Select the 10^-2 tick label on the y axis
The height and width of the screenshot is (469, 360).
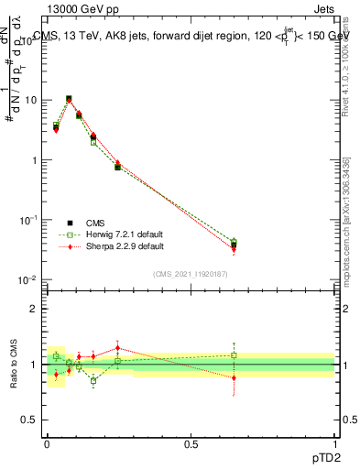28,279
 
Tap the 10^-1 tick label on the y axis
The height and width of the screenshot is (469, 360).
28,220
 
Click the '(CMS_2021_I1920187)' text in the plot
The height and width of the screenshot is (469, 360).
190,273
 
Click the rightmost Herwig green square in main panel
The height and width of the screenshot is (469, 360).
234,242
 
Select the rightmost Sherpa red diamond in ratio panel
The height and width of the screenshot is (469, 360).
234,377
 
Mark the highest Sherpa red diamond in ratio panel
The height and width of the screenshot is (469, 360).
118,347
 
